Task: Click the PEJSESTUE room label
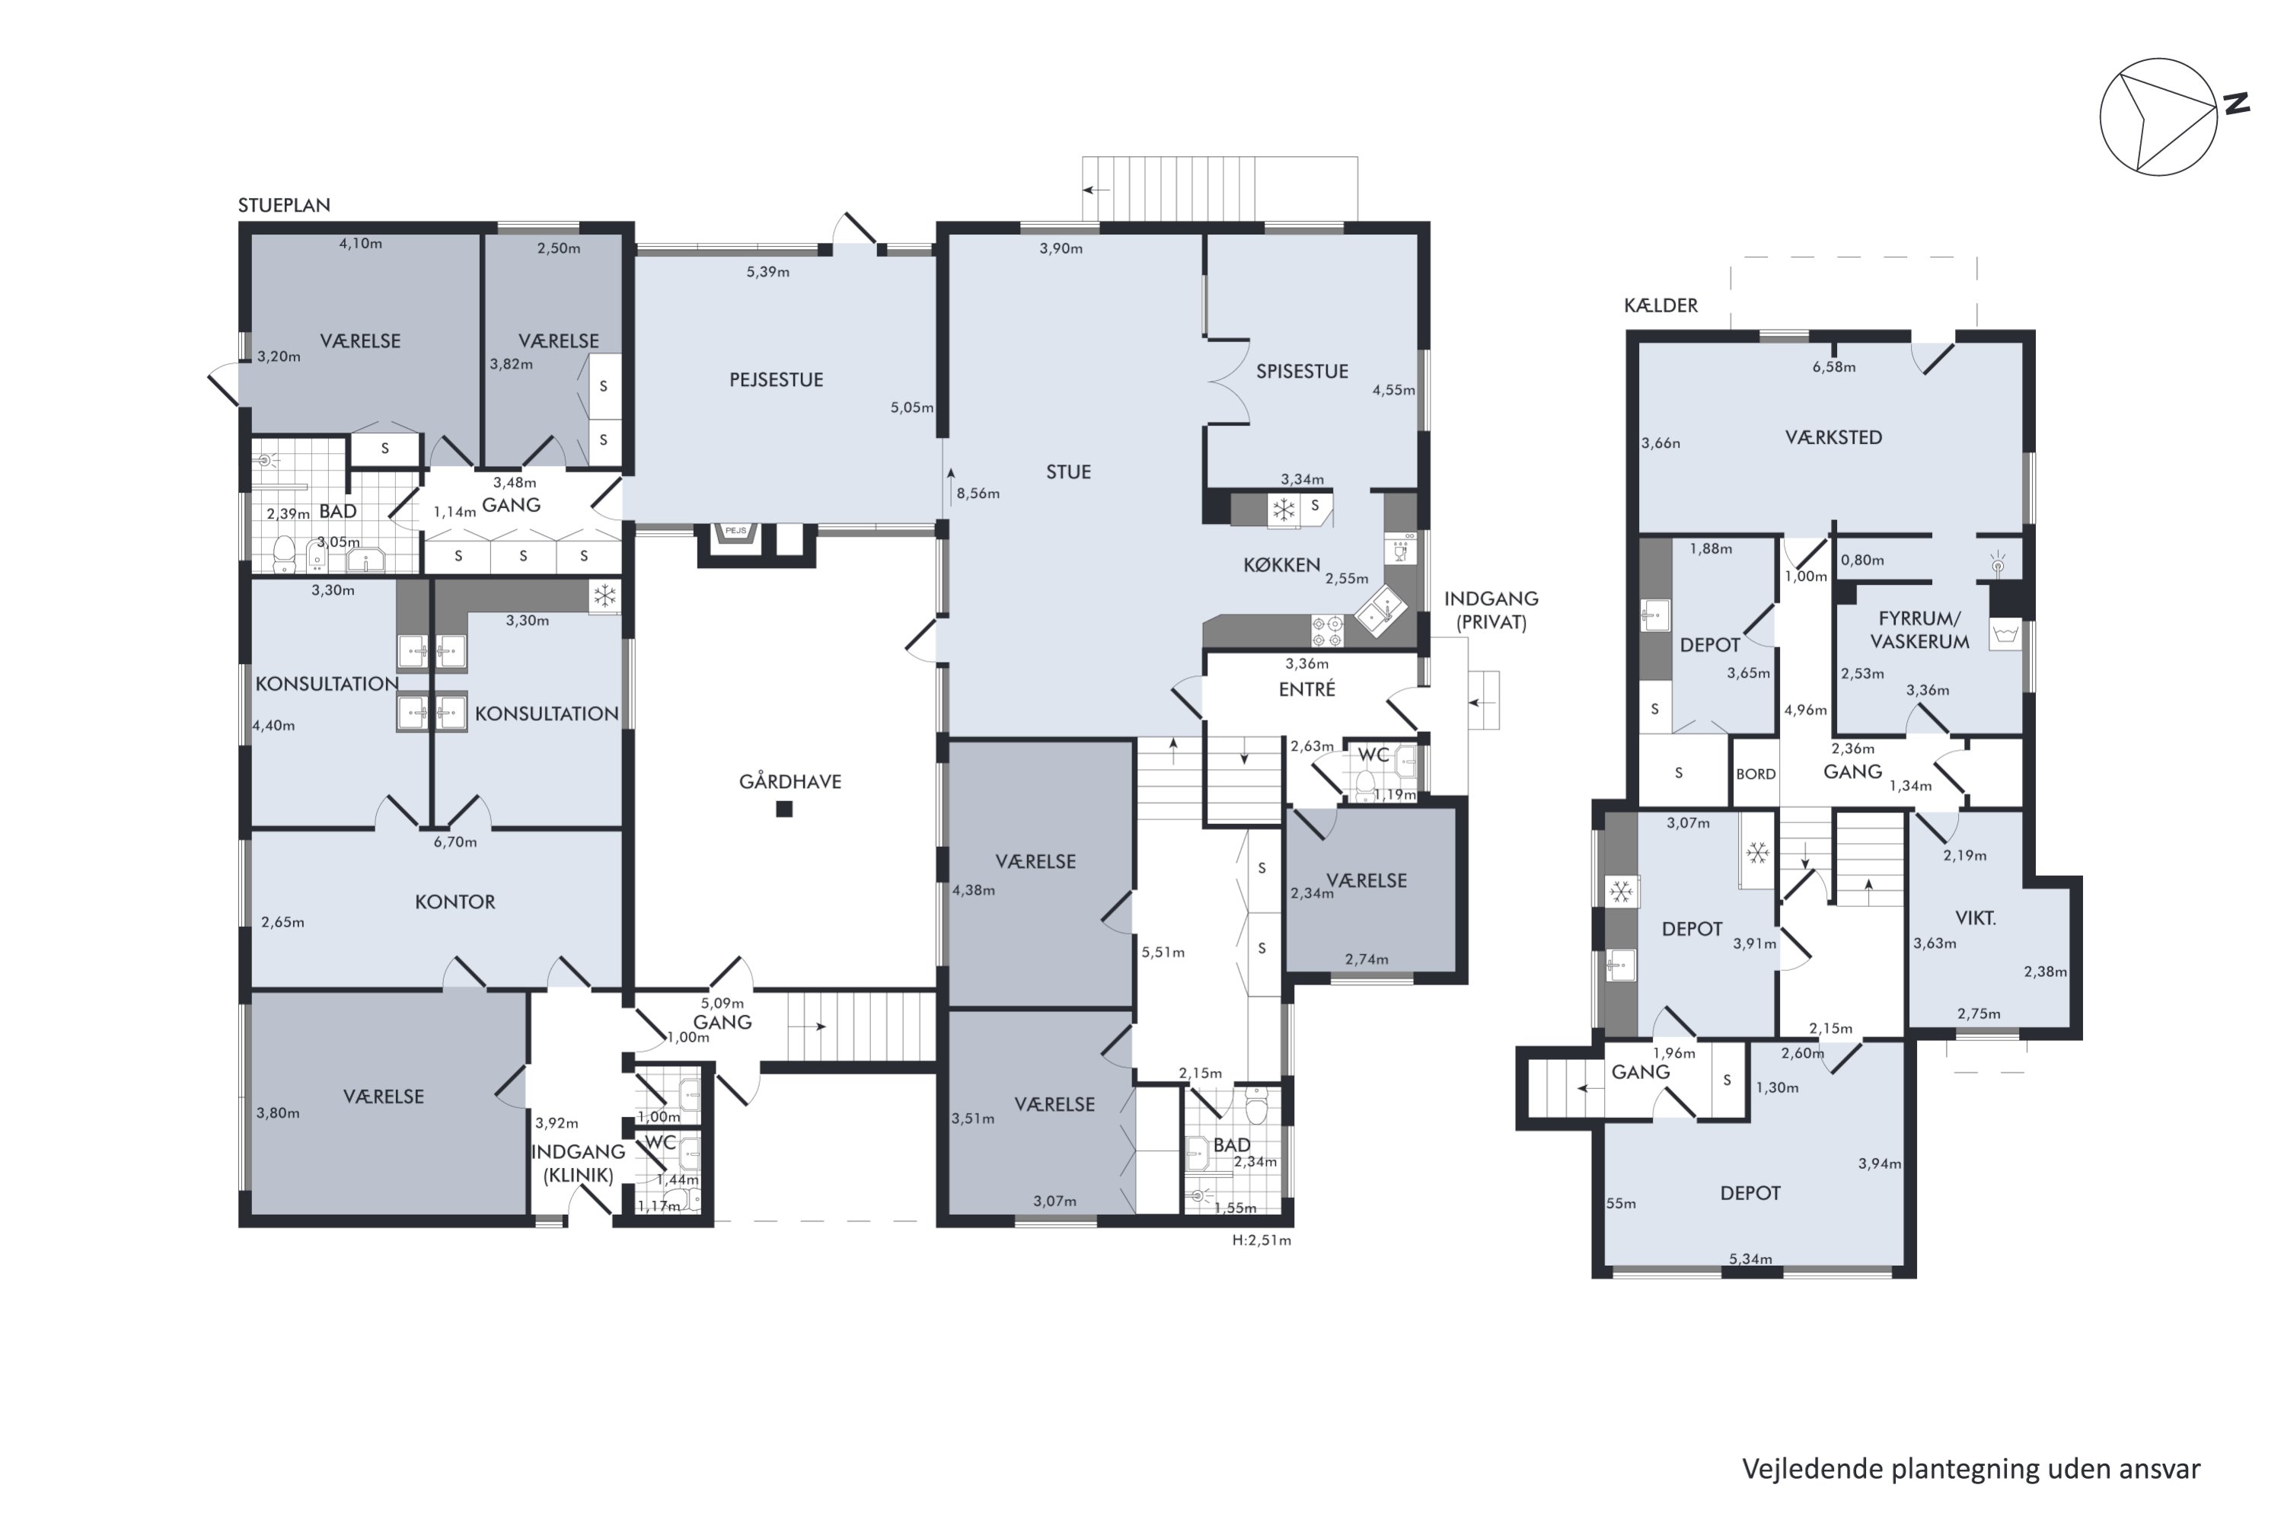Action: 776,380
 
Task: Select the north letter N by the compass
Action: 2238,103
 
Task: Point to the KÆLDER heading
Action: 1660,305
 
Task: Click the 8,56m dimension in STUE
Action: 978,493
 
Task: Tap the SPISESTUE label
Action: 1302,371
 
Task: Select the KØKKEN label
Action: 1282,565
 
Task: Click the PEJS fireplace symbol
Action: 736,532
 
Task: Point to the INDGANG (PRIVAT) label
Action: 1491,611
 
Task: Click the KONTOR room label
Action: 455,902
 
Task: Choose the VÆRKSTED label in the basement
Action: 1833,438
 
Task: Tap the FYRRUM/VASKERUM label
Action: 1920,631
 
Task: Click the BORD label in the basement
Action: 1756,774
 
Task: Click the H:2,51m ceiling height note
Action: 1262,1240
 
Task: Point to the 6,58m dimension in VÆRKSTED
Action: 1834,367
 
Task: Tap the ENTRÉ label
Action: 1307,690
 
